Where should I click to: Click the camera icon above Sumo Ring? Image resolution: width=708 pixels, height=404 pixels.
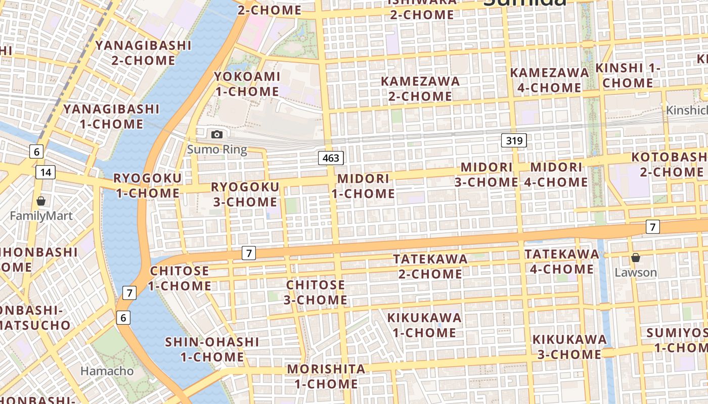point(217,134)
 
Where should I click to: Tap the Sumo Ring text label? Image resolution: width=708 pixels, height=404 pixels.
point(217,149)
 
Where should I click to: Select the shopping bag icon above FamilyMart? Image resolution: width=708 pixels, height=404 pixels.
point(41,201)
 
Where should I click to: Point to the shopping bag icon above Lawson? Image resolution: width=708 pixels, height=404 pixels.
point(636,258)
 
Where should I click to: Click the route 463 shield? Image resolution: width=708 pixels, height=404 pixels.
point(331,158)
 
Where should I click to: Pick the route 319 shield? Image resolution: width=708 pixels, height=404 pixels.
point(514,140)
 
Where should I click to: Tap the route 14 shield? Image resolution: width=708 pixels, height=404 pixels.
point(46,172)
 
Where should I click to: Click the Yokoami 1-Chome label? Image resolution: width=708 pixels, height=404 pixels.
point(247,84)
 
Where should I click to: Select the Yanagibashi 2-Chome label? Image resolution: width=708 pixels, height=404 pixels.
point(144,53)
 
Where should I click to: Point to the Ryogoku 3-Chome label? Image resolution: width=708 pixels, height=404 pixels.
point(245,194)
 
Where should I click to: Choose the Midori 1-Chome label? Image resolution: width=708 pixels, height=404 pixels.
point(363,186)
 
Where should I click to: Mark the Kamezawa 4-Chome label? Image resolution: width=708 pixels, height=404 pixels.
point(549,80)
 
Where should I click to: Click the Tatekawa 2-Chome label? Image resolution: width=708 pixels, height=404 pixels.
point(430,266)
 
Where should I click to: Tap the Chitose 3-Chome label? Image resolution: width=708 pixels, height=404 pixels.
point(316,292)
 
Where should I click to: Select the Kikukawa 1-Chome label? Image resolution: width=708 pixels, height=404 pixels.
point(424,325)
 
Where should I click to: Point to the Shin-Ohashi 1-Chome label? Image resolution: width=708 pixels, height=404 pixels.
point(212,349)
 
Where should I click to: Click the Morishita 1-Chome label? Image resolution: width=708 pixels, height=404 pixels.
point(326,376)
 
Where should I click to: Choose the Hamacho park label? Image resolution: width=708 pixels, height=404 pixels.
point(107,371)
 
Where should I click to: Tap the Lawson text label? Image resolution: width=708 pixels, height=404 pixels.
point(636,273)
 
